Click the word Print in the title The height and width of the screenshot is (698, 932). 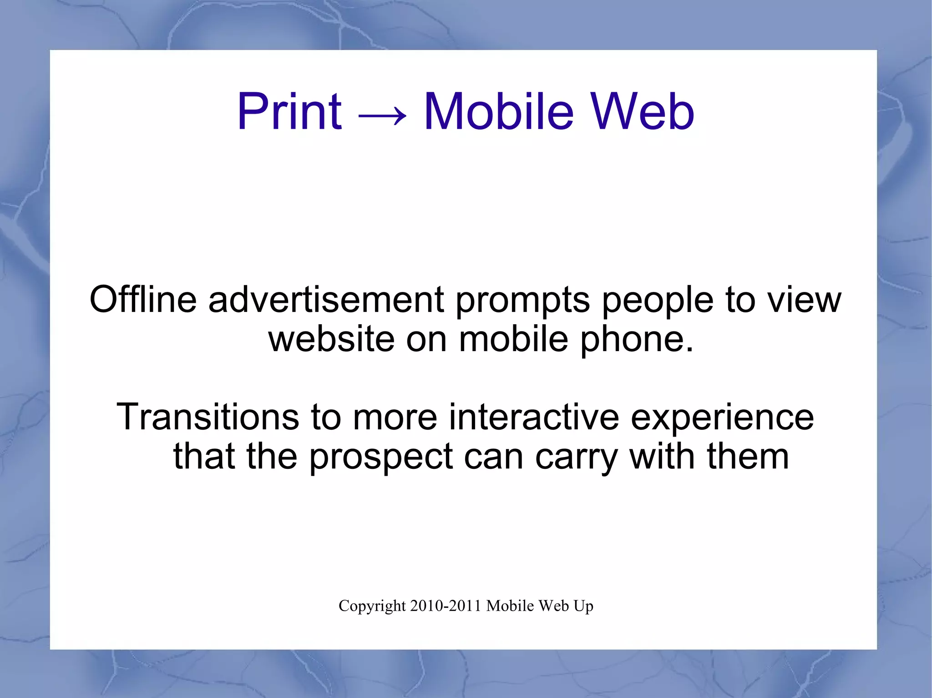(x=289, y=111)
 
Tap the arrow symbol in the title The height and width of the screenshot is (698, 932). (x=382, y=115)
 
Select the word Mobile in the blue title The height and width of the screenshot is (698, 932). (x=499, y=111)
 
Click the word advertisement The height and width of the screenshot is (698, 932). (x=326, y=300)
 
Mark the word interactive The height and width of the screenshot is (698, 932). (x=534, y=417)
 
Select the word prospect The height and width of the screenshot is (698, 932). (x=381, y=457)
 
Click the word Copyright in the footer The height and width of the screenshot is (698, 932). (x=372, y=606)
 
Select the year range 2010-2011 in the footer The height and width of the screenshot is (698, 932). (x=446, y=606)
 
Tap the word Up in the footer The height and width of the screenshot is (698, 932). (x=584, y=606)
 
